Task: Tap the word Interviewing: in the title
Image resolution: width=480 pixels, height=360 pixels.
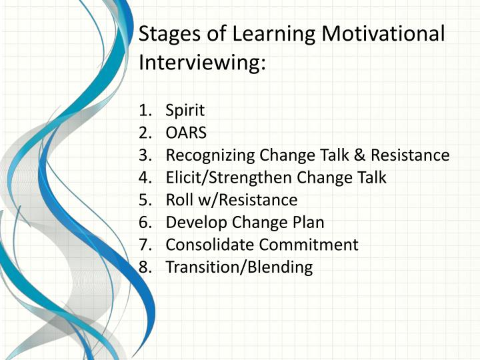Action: [202, 63]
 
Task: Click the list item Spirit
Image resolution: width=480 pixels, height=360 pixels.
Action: [185, 111]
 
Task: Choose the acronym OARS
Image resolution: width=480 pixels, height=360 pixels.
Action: [185, 133]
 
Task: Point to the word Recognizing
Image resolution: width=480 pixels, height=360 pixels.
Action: [210, 155]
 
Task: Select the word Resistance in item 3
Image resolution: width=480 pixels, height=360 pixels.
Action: [410, 155]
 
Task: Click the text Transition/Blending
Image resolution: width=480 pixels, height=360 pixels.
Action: [239, 267]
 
